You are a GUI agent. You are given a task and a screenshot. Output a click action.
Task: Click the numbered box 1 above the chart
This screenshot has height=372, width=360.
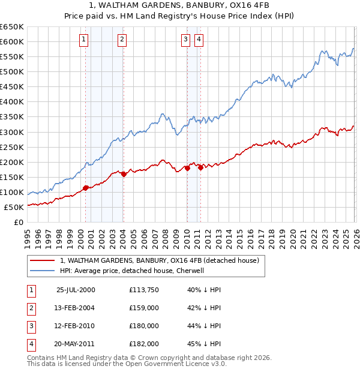(x=83, y=40)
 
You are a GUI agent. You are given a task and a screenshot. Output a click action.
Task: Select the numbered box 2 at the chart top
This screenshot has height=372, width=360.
(x=122, y=40)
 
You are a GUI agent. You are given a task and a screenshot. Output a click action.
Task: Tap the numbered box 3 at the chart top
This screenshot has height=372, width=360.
(x=185, y=40)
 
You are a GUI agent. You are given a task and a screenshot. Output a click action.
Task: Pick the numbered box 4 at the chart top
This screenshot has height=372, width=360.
(x=199, y=40)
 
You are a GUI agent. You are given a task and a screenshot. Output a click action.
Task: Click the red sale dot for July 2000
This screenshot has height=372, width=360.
(x=86, y=188)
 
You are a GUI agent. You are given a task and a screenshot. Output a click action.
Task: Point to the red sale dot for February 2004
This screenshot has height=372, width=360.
(x=124, y=174)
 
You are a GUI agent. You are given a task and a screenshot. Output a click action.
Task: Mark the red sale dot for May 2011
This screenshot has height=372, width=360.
(x=200, y=167)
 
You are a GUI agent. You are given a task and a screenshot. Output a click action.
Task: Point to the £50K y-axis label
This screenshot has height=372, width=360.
(x=14, y=207)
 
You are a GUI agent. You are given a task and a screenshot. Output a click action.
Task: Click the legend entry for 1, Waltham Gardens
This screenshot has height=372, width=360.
(x=159, y=260)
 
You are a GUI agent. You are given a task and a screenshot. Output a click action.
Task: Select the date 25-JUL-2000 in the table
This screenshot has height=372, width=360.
(x=75, y=290)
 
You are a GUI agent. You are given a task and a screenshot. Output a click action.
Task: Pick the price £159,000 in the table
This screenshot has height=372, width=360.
(x=143, y=308)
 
